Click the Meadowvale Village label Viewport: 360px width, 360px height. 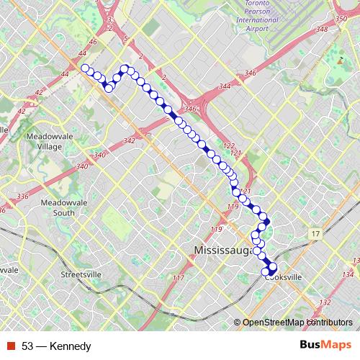(x=47, y=140)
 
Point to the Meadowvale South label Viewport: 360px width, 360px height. (x=54, y=207)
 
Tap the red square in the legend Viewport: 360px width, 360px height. (x=11, y=346)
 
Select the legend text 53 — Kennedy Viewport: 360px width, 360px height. (x=56, y=346)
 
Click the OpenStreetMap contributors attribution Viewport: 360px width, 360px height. (x=297, y=322)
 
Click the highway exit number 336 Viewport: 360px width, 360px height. (x=22, y=196)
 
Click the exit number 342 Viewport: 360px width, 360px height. (x=130, y=141)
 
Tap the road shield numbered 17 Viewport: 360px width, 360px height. (x=315, y=234)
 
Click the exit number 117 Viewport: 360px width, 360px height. (x=179, y=278)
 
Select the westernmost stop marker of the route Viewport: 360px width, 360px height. (x=85, y=68)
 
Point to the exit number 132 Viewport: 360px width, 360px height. (x=326, y=302)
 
